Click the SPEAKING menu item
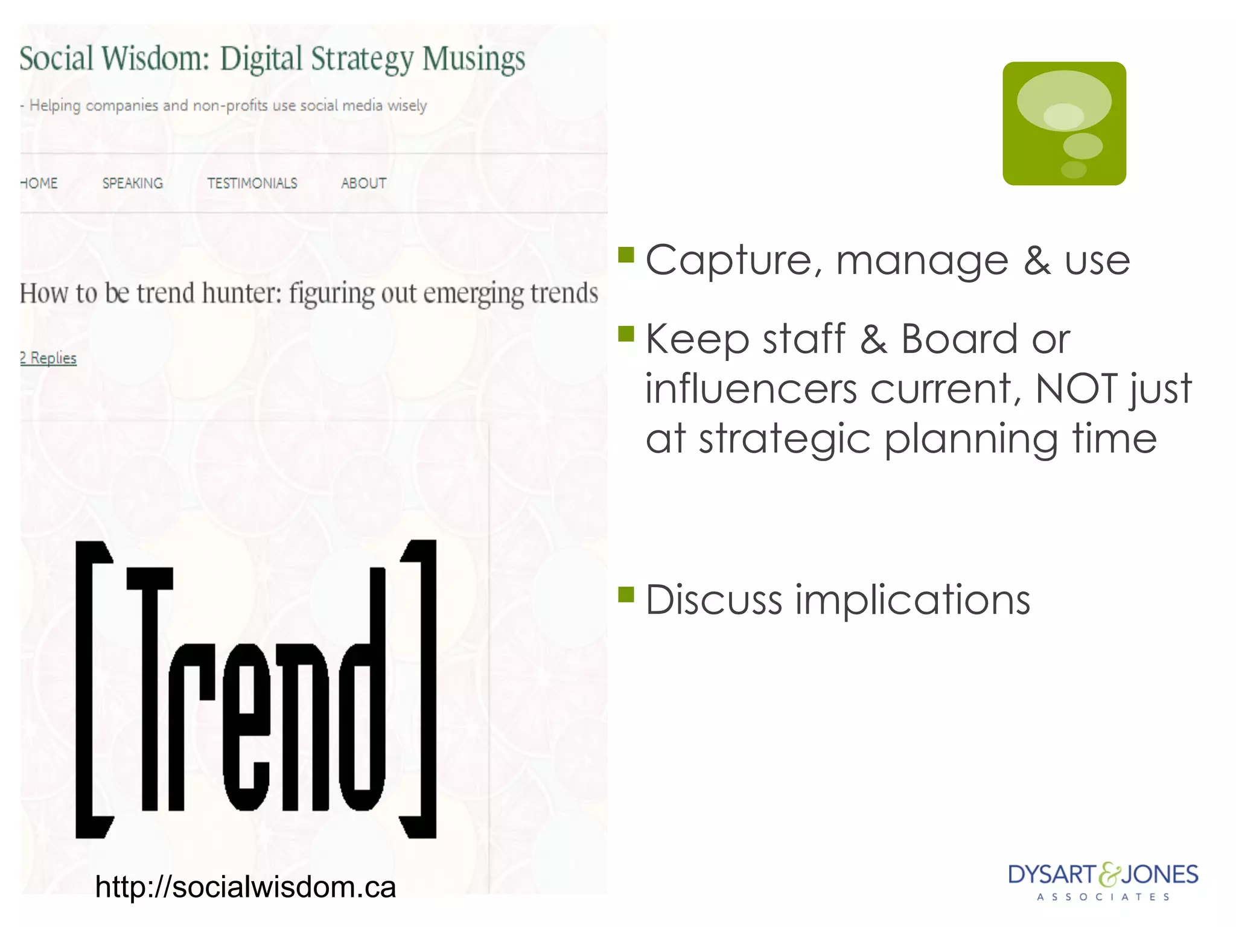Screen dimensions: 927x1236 [x=133, y=183]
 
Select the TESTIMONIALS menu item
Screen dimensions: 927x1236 [x=252, y=183]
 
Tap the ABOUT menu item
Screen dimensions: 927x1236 [x=363, y=183]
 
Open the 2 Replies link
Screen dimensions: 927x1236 [x=48, y=358]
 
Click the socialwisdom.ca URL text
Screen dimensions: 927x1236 [x=245, y=887]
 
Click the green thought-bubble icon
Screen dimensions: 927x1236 [x=1064, y=124]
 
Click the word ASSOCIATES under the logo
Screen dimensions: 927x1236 [x=1103, y=897]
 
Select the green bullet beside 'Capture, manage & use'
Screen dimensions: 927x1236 [x=626, y=255]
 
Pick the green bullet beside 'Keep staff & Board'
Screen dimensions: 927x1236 [x=626, y=334]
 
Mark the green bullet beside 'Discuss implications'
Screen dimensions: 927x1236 [x=626, y=595]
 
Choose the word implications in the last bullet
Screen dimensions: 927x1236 [x=912, y=600]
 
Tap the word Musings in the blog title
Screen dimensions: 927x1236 [x=474, y=60]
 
